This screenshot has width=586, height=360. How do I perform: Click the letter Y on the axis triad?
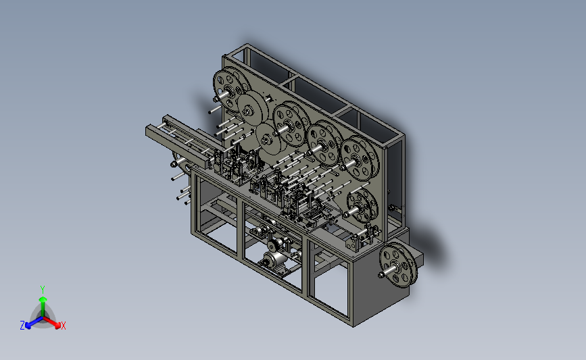click(x=42, y=290)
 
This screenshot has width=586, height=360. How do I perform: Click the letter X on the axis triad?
click(x=63, y=326)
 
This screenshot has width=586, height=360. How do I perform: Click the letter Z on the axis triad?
click(x=22, y=326)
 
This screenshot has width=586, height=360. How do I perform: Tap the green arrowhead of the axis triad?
click(x=43, y=299)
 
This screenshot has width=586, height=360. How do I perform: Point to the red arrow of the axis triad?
click(x=51, y=322)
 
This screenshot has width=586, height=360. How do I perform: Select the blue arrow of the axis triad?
click(x=34, y=322)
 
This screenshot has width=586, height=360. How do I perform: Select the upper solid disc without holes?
click(x=253, y=109)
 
